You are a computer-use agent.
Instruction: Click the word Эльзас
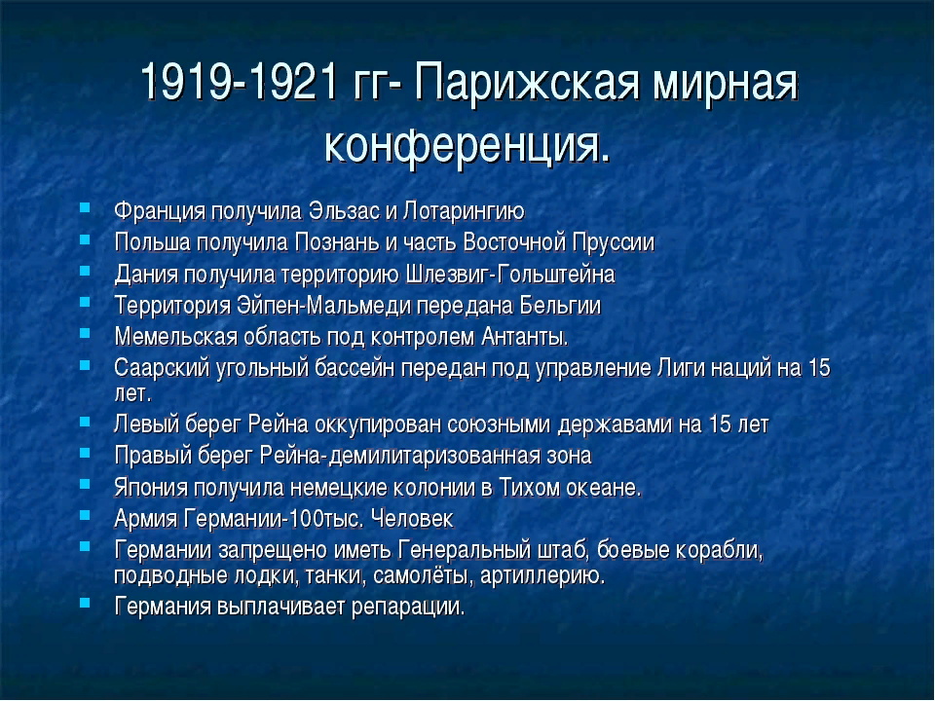coord(344,211)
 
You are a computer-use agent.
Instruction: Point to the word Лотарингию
coord(464,212)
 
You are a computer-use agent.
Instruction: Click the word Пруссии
coord(613,243)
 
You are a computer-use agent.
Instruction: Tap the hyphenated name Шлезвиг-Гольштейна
coord(509,275)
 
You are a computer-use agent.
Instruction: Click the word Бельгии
coord(560,305)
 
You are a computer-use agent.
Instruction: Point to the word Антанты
coord(525,337)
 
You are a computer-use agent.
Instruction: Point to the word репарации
coord(408,608)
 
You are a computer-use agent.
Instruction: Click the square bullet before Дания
coord(85,271)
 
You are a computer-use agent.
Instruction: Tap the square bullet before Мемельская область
coord(85,333)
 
